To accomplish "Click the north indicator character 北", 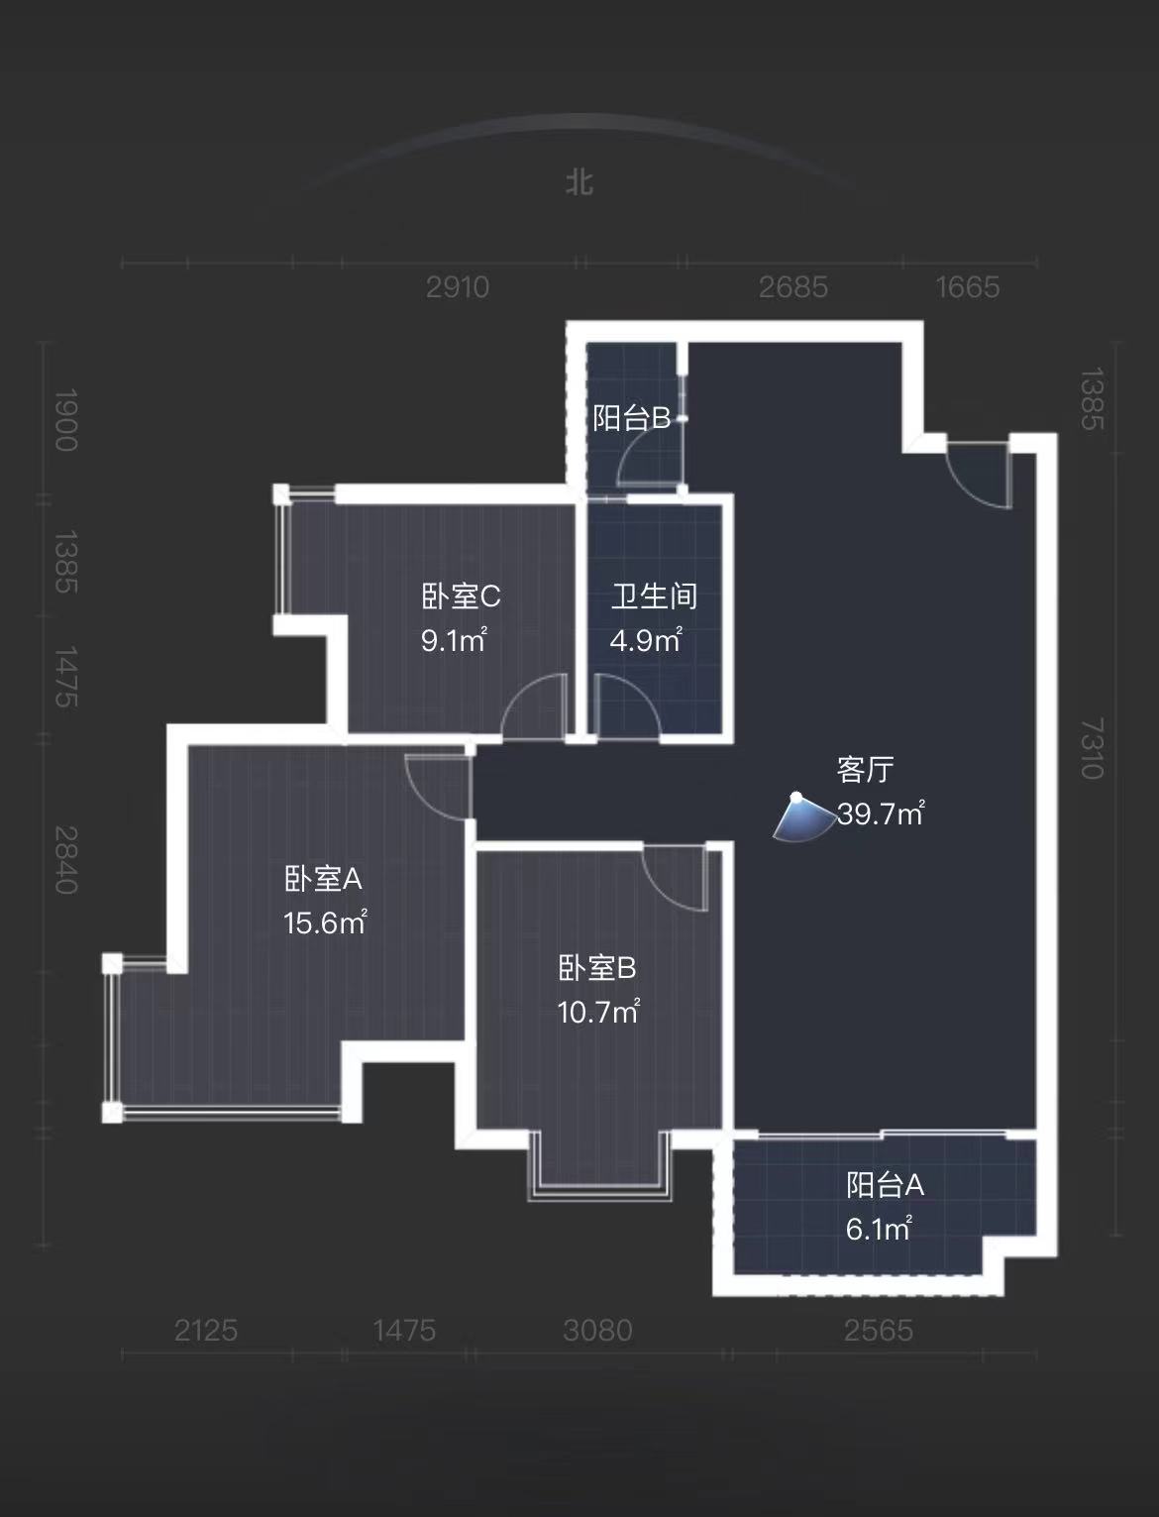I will [579, 182].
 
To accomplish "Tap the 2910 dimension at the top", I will [458, 287].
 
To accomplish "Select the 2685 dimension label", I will [792, 287].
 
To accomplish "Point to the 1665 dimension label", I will [968, 287].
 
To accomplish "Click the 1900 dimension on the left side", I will [65, 420].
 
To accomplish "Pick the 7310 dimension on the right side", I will [1091, 749].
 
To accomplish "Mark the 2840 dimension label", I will [65, 860].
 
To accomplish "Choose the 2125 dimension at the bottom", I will [206, 1330].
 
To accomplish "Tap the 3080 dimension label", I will [597, 1330].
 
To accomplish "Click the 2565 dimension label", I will [878, 1330].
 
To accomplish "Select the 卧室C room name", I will [461, 596].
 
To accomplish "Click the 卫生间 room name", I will [654, 596].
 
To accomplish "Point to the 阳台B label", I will [632, 418].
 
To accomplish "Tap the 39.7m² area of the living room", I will [881, 813].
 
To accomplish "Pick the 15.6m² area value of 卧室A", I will [325, 923].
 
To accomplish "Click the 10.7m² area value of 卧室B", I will [597, 1013].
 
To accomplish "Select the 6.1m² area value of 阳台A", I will [878, 1230].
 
